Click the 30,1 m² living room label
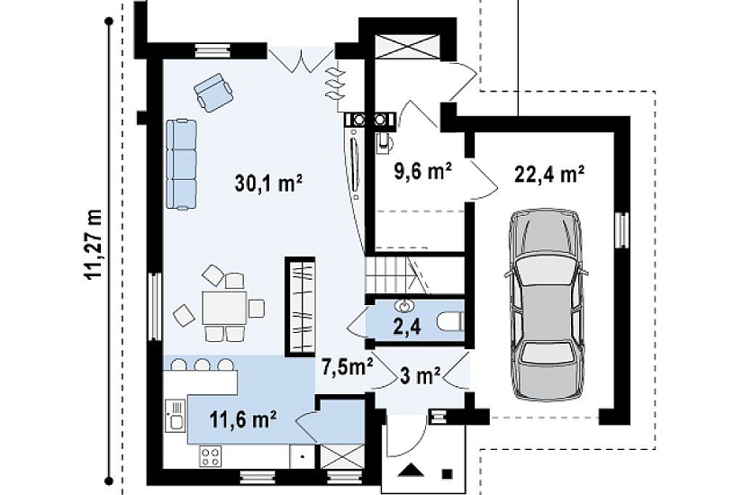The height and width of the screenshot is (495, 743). coord(268,184)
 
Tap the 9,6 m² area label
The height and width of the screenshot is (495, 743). coord(422,171)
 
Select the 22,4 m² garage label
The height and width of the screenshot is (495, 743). coord(548,175)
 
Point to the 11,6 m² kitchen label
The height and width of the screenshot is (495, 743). coord(243,418)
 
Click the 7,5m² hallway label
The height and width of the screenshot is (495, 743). coord(348,366)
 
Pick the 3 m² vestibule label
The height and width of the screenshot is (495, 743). coord(421,376)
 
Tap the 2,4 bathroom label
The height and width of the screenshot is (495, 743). coord(407,327)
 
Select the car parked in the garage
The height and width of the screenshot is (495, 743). coord(546,304)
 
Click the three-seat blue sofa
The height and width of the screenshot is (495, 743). coord(182,164)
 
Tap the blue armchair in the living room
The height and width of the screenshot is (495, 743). coord(213,92)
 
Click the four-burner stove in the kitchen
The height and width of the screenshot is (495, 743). coord(211,456)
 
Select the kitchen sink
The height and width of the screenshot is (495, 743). coord(175,415)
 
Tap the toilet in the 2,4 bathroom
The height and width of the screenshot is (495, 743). coord(450,322)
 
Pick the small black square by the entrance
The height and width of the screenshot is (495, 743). coord(448,473)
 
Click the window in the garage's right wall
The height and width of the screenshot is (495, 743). coord(621,229)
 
